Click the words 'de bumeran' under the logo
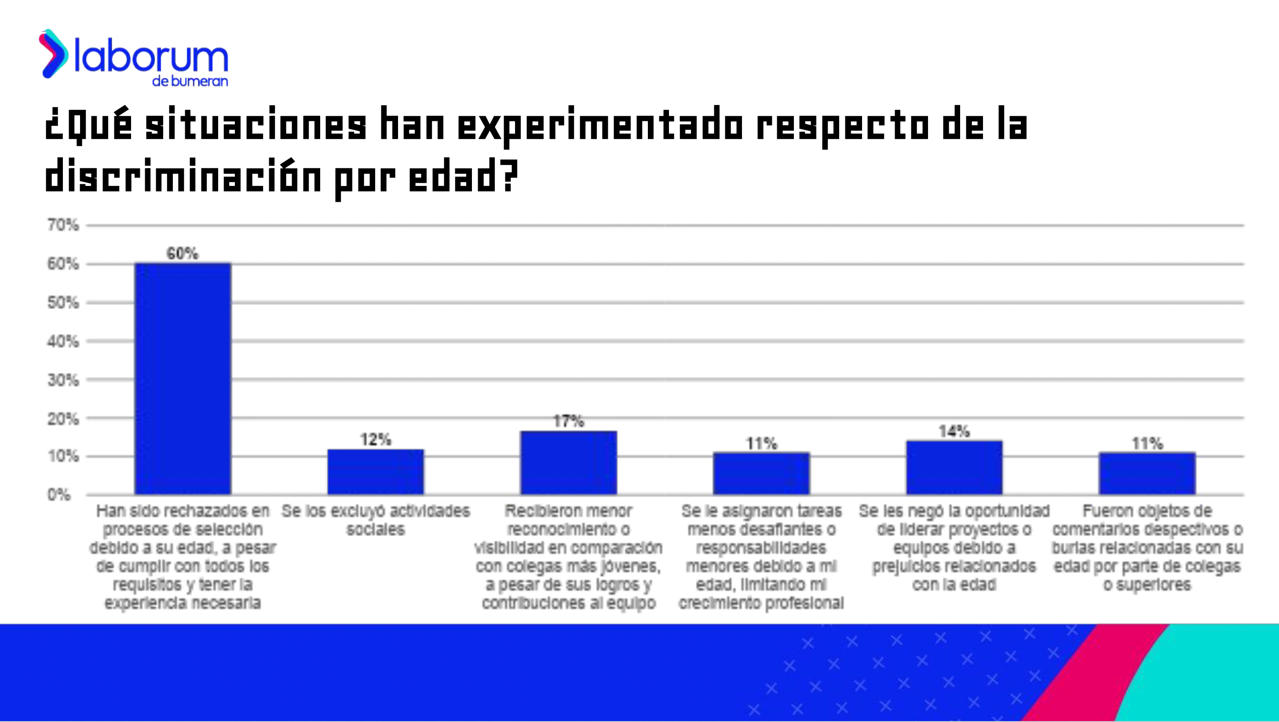(190, 81)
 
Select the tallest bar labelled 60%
(183, 379)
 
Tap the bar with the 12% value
(375, 472)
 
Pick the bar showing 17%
(569, 463)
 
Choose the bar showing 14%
(954, 467)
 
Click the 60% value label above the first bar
(182, 254)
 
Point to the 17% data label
(569, 421)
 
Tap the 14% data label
(954, 431)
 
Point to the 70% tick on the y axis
(63, 225)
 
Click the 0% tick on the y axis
(59, 495)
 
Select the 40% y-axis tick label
(63, 341)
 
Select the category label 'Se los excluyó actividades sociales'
(375, 520)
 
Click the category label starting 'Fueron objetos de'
(1147, 547)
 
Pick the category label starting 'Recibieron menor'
(569, 557)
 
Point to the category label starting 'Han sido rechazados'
(183, 557)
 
